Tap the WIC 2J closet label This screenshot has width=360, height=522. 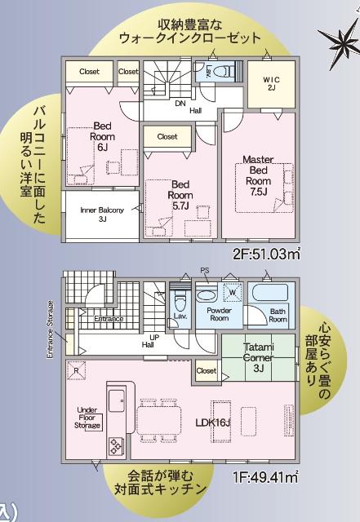(x=271, y=83)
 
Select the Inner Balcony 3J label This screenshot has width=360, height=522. (x=102, y=215)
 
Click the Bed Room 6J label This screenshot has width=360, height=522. (x=102, y=137)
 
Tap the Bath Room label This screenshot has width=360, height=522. (x=278, y=315)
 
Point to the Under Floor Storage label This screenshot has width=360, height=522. (x=87, y=418)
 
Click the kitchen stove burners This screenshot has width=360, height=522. (x=113, y=446)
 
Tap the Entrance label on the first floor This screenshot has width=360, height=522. (x=108, y=319)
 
